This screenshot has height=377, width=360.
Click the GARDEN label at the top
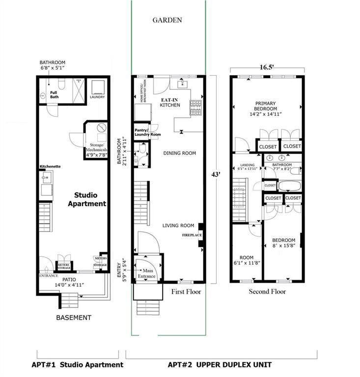click(167, 20)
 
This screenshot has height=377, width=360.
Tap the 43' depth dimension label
click(215, 174)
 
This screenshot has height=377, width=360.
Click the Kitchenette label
click(50, 166)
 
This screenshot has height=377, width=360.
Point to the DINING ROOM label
click(180, 153)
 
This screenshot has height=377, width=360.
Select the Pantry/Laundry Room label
click(148, 132)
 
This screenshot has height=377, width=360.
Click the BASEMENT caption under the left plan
click(74, 318)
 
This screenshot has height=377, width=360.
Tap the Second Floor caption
click(267, 291)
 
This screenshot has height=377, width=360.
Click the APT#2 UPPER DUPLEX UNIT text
click(220, 365)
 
